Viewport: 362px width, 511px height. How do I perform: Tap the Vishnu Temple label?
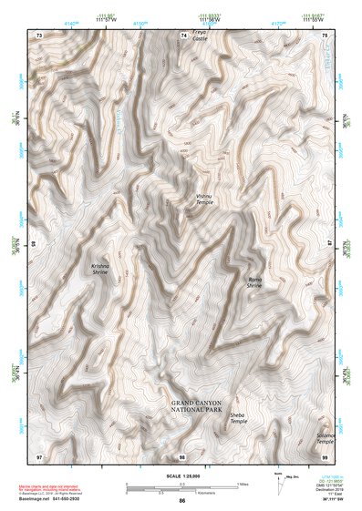click(x=204, y=199)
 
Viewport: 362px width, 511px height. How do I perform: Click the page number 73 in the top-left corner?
click(x=39, y=35)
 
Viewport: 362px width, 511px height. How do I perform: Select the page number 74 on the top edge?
click(x=183, y=35)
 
